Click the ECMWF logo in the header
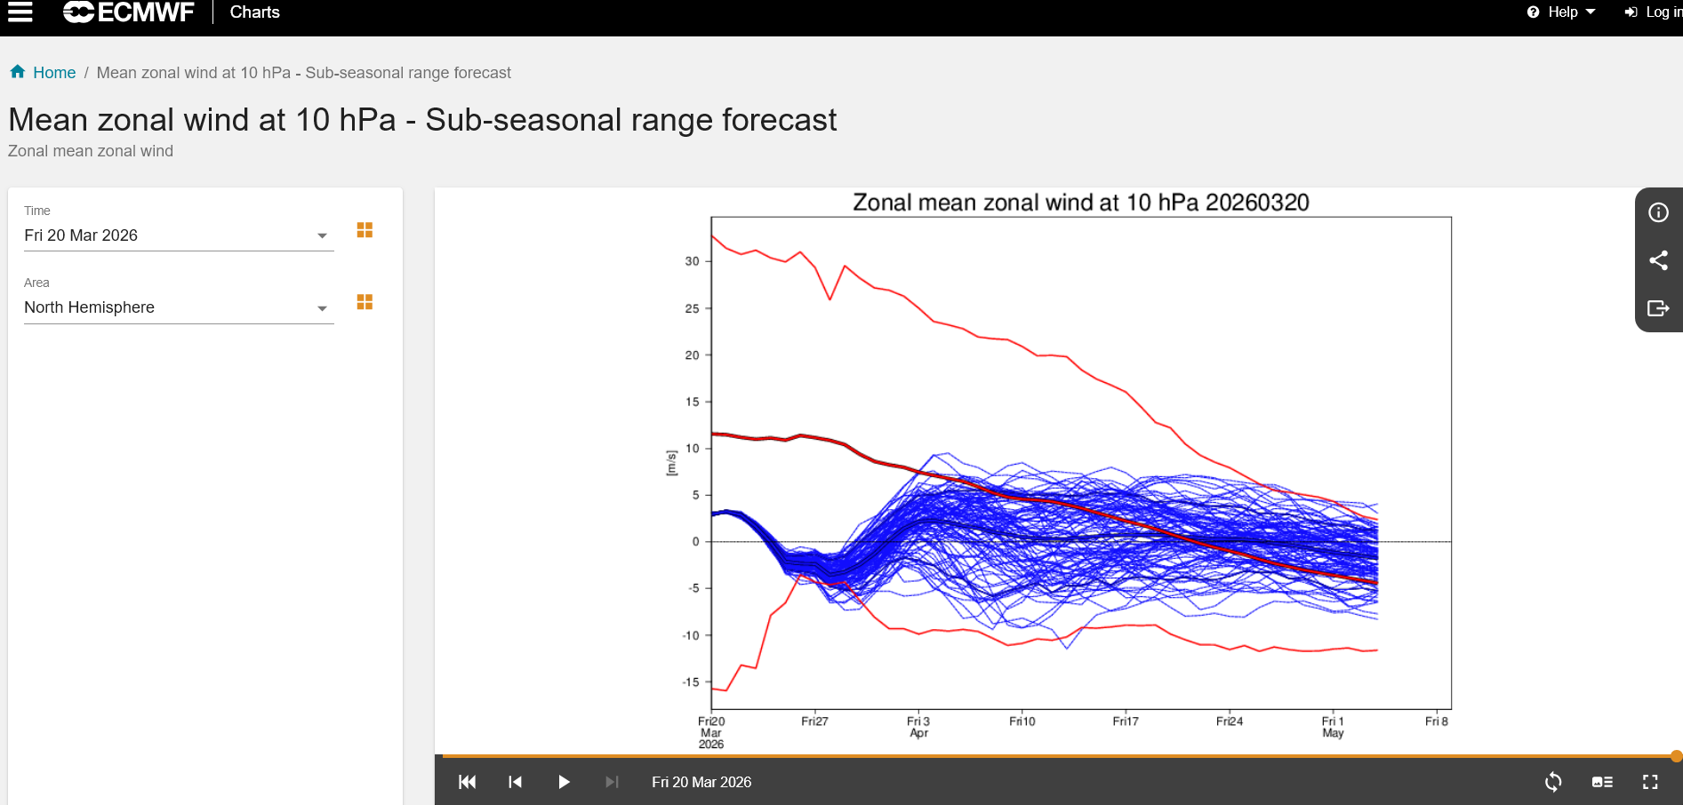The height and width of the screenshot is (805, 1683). pos(129,12)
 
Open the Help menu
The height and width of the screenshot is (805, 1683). pos(1561,12)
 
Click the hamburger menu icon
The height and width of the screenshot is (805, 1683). pos(20,12)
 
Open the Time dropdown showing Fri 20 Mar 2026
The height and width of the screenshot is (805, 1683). pos(179,235)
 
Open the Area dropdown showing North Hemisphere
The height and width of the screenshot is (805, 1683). pos(179,307)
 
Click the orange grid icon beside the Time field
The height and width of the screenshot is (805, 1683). pos(365,230)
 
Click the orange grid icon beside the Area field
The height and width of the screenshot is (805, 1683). pos(365,302)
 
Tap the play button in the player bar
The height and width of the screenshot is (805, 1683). pos(564,782)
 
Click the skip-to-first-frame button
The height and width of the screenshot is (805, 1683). pos(467,782)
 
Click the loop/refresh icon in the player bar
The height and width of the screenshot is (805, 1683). pos(1553,782)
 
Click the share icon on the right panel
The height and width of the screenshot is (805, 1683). pos(1658,260)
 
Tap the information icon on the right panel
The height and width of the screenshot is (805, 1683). pos(1658,212)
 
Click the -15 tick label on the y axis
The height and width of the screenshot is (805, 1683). pos(691,682)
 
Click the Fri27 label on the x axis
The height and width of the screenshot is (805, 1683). pos(814,721)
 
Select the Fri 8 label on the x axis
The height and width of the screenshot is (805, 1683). pos(1437,721)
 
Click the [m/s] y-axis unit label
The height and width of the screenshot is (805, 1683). pos(671,463)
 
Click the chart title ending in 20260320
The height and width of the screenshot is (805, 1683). pos(1081,203)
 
